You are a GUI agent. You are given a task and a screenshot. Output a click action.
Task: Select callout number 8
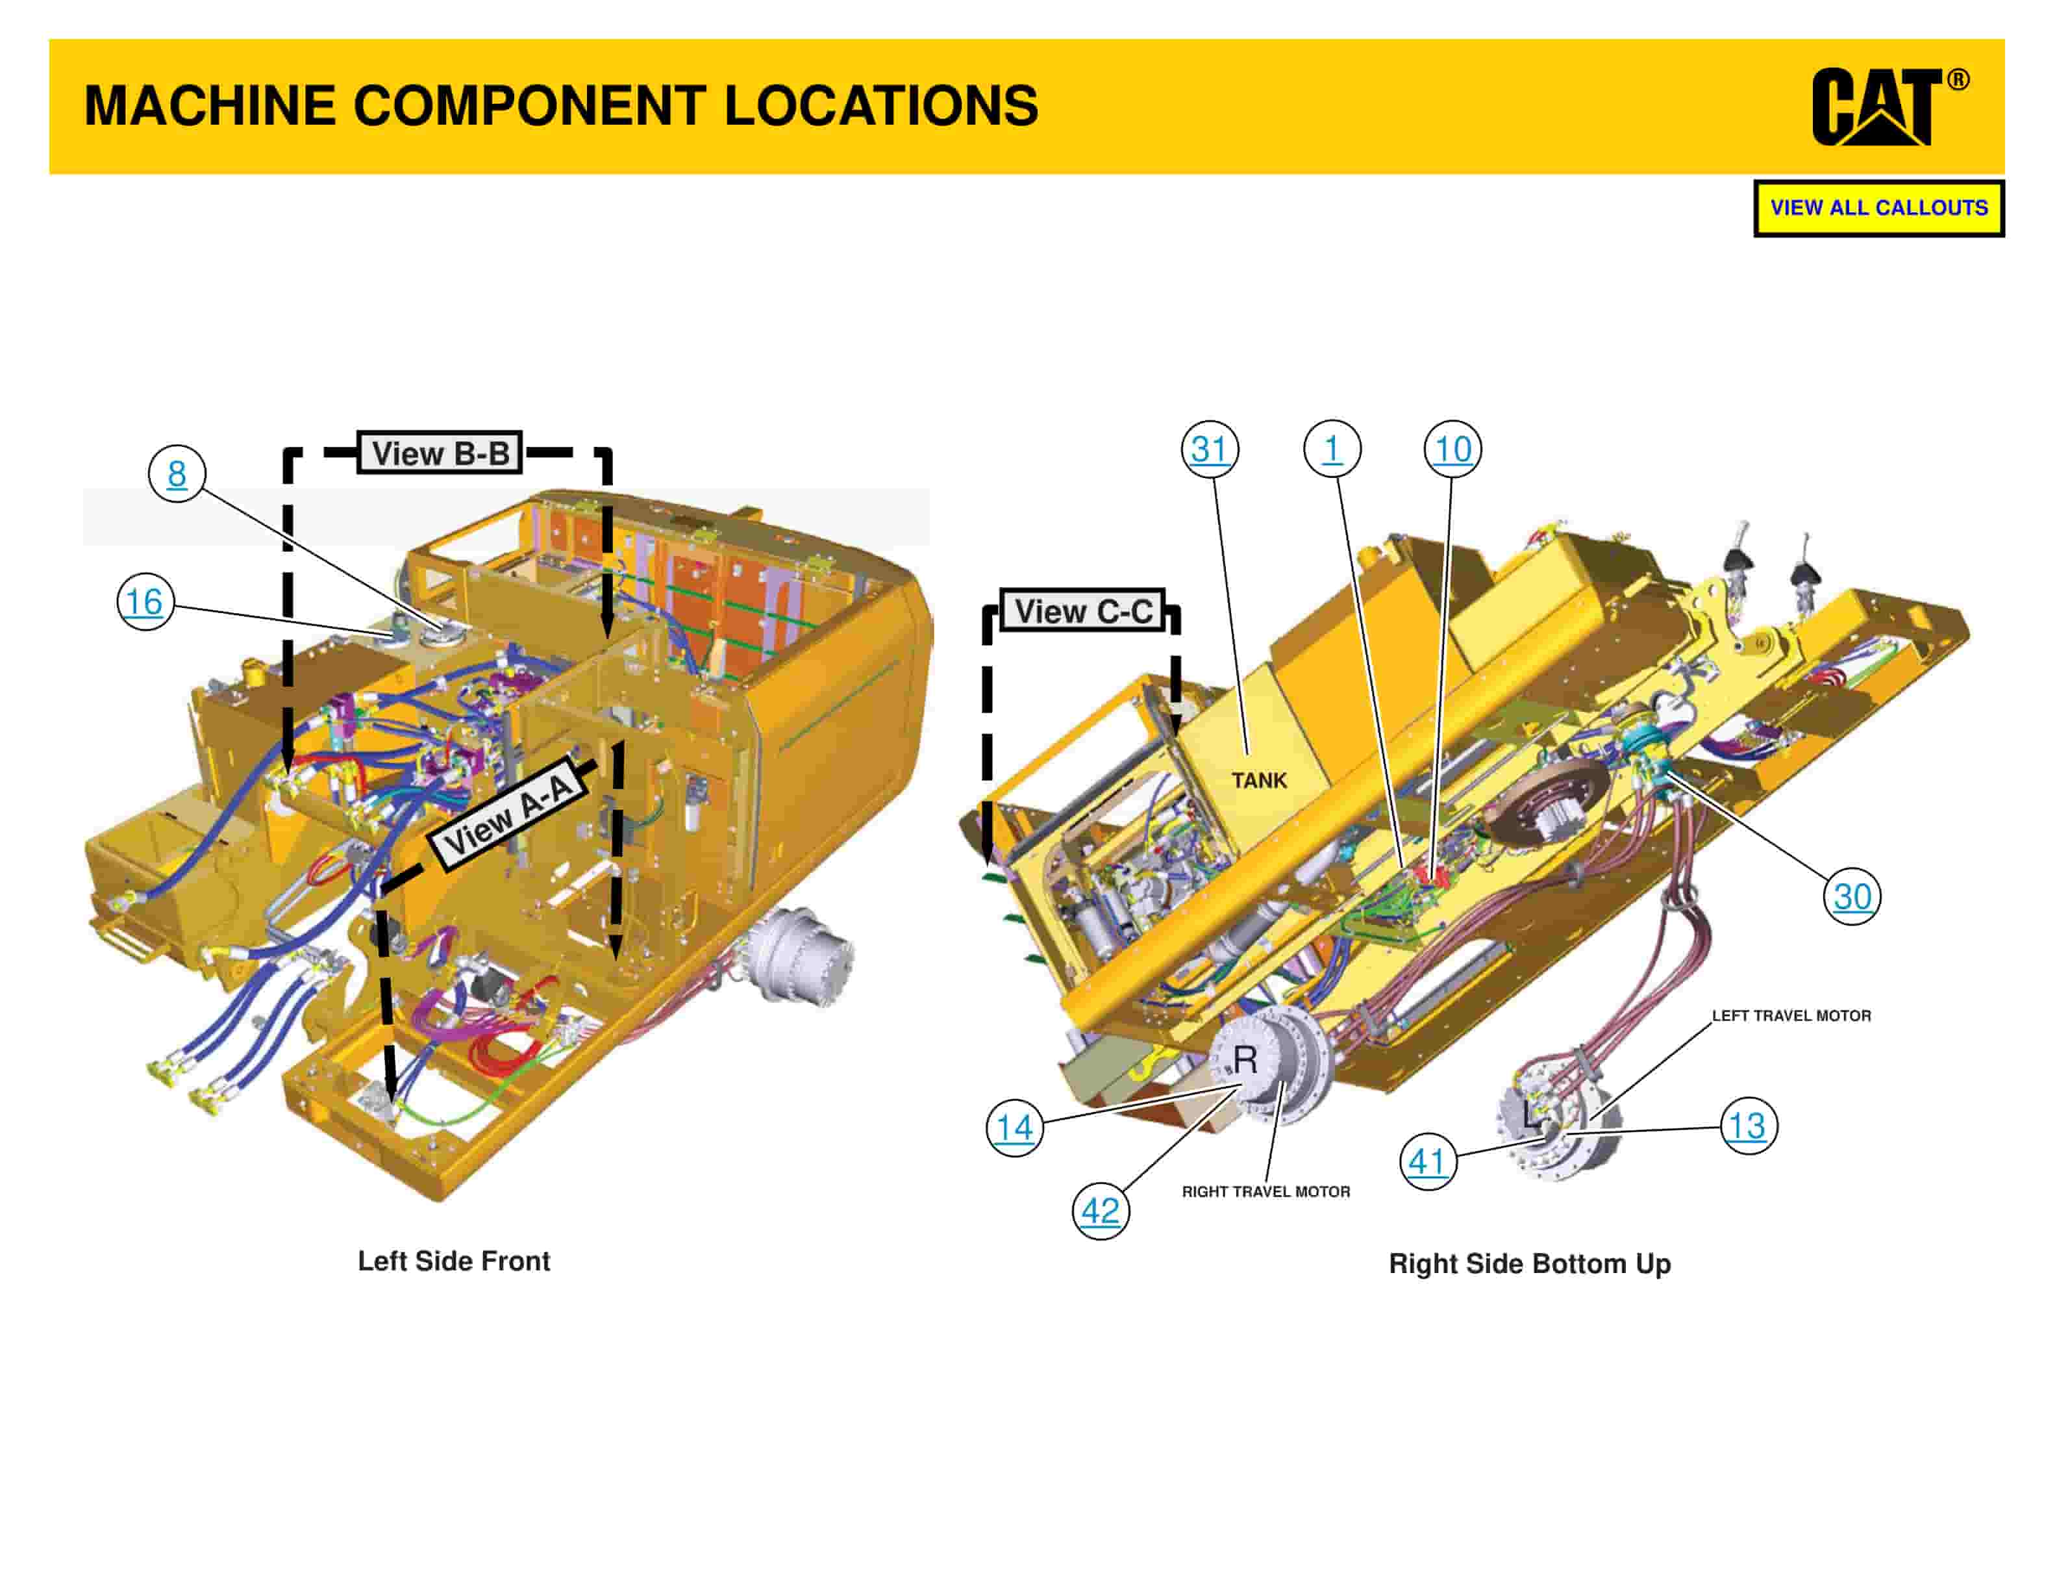pos(176,473)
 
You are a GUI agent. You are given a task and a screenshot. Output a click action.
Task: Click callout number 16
pos(144,602)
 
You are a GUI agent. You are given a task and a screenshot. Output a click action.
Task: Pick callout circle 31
pos(1210,449)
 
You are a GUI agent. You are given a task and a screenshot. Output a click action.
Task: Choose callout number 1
pos(1332,449)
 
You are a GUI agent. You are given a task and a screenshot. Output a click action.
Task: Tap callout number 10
pos(1452,449)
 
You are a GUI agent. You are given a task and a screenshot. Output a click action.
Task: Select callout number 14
pos(1014,1128)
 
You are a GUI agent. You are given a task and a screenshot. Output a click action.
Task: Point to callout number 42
pos(1100,1211)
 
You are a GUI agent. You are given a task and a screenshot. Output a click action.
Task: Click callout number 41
pos(1427,1161)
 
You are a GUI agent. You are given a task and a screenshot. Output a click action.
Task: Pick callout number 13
pos(1748,1126)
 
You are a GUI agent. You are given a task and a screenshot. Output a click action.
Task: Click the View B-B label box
pos(440,453)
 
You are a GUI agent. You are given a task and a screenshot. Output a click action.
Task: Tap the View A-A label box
pos(508,812)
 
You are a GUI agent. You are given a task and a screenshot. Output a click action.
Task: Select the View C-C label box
pos(1083,611)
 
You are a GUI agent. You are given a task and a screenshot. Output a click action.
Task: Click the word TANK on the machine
pos(1258,780)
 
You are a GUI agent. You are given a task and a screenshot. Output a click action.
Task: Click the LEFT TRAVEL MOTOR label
pos(1790,1015)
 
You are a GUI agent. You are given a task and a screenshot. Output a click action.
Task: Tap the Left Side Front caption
pos(453,1261)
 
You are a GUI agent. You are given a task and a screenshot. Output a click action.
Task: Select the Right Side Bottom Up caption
pos(1530,1263)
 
